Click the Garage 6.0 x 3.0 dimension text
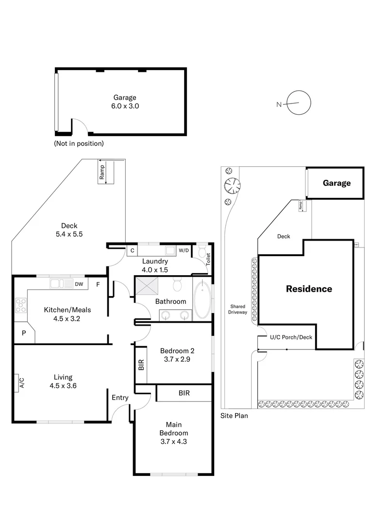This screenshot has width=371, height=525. [x=125, y=105]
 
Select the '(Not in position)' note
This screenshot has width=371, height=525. [x=79, y=143]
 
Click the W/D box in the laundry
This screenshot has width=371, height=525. [x=184, y=250]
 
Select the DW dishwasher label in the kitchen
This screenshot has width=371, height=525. [x=79, y=284]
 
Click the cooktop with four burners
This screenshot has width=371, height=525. [x=21, y=305]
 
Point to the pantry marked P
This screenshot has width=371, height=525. [x=23, y=333]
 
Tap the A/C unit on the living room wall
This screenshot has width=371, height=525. [x=20, y=382]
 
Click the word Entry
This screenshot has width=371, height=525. [x=120, y=398]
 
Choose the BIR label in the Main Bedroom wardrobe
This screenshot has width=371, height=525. [x=184, y=393]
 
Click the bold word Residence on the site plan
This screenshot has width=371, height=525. [x=309, y=289]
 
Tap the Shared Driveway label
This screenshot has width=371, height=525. [x=238, y=309]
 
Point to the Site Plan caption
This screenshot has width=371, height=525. [x=234, y=416]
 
